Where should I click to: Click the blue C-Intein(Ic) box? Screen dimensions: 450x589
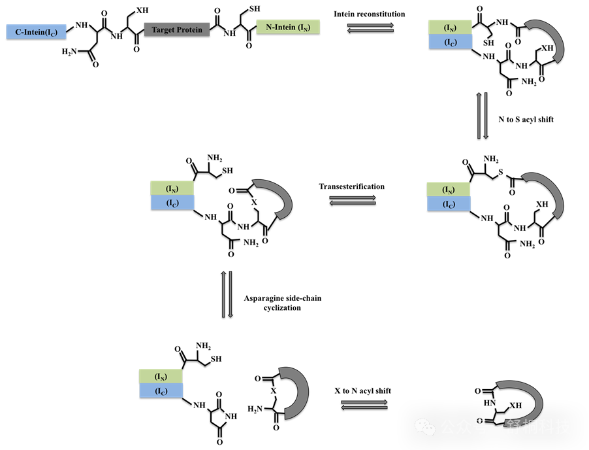(x=36, y=31)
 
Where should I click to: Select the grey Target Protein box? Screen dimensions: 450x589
(x=177, y=29)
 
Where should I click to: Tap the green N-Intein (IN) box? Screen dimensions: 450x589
(x=288, y=27)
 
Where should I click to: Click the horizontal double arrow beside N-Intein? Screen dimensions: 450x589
(x=370, y=27)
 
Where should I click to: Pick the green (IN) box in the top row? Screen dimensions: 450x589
(x=450, y=27)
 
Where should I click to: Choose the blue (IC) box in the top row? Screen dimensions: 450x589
(x=450, y=42)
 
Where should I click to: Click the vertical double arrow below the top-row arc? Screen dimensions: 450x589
(x=483, y=116)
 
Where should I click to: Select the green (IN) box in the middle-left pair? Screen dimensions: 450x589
(x=172, y=188)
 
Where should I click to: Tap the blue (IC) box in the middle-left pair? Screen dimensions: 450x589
(x=172, y=203)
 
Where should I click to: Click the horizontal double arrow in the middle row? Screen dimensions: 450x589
(x=353, y=200)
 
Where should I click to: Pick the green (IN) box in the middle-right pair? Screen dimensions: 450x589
(x=448, y=189)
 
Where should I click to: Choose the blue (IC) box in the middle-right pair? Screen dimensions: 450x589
(x=449, y=203)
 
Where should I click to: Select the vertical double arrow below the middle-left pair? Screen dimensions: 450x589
(x=227, y=294)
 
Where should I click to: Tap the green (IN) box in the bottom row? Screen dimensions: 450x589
(x=161, y=376)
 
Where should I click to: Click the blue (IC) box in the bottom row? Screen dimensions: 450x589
(x=161, y=390)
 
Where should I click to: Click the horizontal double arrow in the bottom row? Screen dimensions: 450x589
(x=364, y=405)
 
